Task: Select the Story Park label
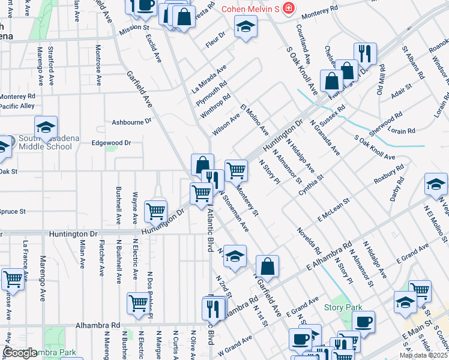click(x=343, y=307)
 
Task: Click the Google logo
click(x=19, y=353)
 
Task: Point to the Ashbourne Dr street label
click(x=131, y=121)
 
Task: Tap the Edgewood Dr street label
click(x=110, y=143)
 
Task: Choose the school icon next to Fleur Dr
click(x=245, y=27)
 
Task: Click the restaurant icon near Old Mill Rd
click(x=364, y=53)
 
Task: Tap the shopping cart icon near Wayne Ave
click(x=156, y=210)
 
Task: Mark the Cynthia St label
click(x=311, y=185)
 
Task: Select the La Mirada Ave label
click(x=209, y=78)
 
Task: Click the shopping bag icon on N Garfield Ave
click(x=267, y=267)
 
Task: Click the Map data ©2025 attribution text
click(x=423, y=355)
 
